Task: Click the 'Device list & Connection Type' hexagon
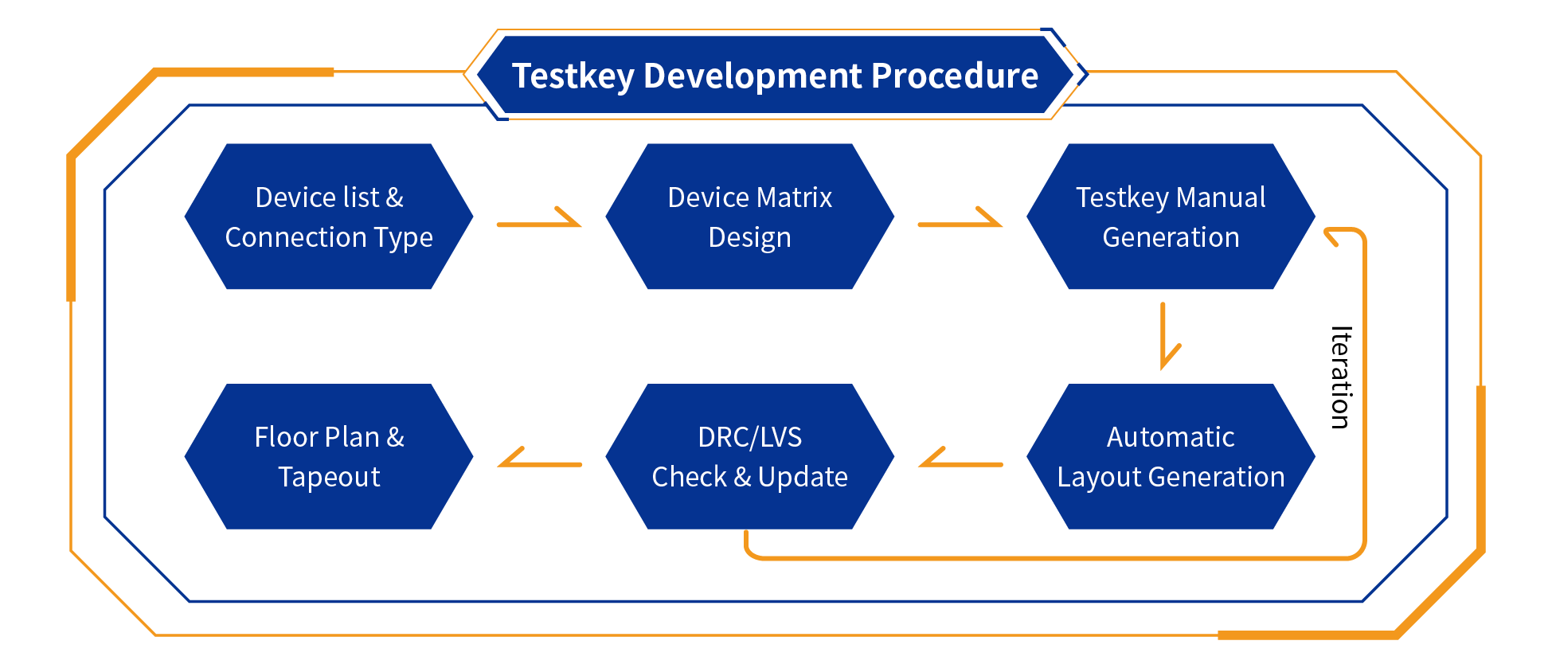pos(329,217)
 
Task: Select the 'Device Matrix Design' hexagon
pos(749,217)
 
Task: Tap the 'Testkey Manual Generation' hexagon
pos(1171,217)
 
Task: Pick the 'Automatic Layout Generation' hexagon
pos(1171,456)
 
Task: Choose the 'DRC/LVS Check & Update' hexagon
pos(749,456)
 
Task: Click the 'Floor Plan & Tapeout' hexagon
pos(329,456)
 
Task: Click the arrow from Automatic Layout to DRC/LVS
pos(960,460)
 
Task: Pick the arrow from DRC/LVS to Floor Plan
pos(539,460)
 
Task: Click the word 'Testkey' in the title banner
pos(573,76)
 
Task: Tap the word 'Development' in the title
pos(753,76)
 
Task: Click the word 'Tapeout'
pos(329,477)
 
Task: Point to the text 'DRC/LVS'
pos(749,437)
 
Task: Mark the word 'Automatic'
pos(1171,437)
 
